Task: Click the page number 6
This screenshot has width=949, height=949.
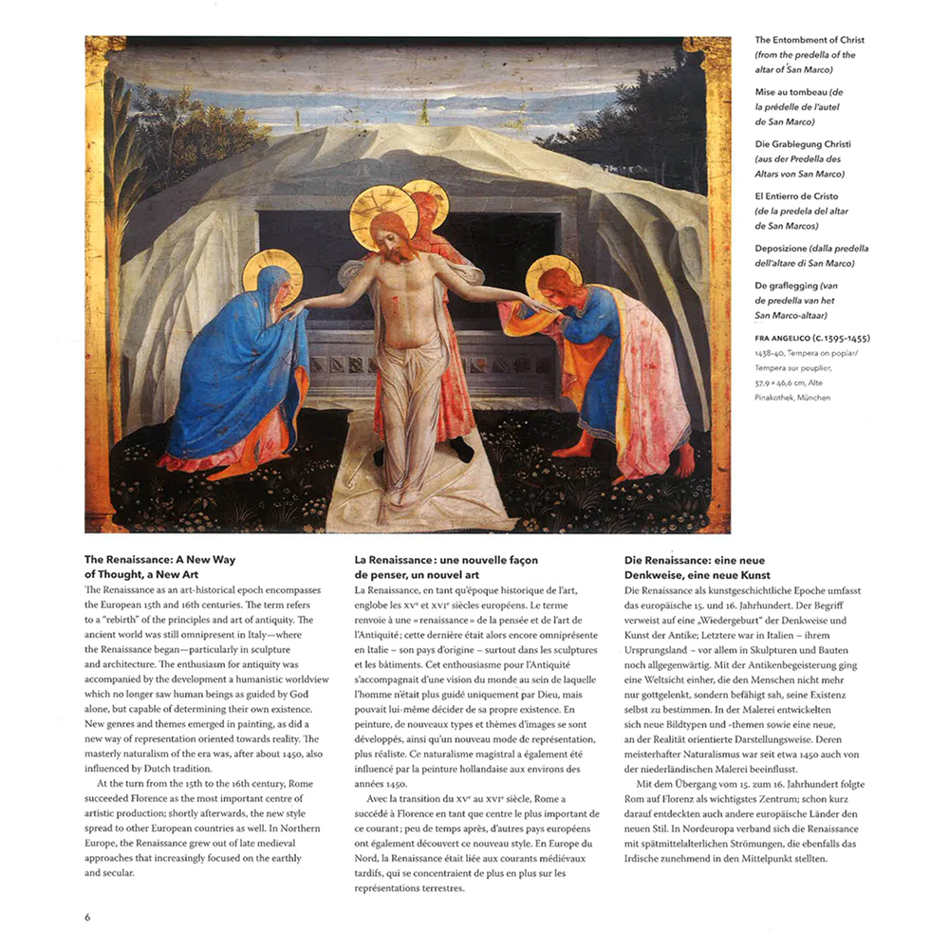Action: [x=87, y=917]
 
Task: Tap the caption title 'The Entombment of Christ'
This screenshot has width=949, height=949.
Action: [x=809, y=40]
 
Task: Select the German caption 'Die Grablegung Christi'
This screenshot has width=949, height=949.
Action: [x=803, y=143]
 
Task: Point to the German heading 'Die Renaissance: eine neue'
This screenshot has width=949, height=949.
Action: [x=694, y=560]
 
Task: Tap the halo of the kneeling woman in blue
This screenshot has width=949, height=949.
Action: [x=272, y=270]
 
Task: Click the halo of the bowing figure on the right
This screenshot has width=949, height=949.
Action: [x=552, y=274]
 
